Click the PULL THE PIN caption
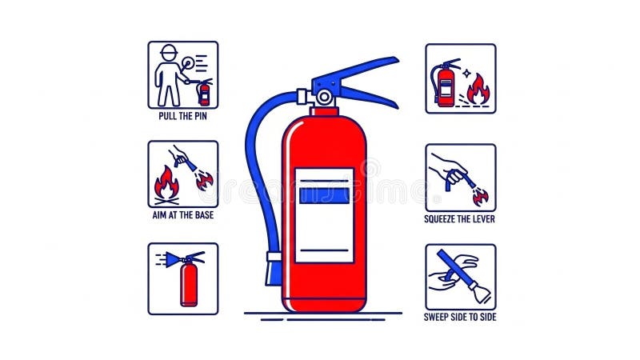coord(183,116)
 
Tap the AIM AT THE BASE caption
coord(183,215)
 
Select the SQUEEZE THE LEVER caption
coord(459,219)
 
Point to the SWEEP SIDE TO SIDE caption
coord(460,317)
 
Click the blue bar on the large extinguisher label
coord(325,195)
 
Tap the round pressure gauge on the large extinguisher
coord(325,98)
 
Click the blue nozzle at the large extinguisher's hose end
coord(273,270)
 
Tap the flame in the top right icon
coord(478,90)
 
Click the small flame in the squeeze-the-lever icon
coord(481,198)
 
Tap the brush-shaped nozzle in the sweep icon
coord(481,294)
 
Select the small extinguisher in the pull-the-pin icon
coord(204,93)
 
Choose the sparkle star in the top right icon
coord(466,74)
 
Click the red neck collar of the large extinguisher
coord(325,111)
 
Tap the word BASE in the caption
coord(204,215)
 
